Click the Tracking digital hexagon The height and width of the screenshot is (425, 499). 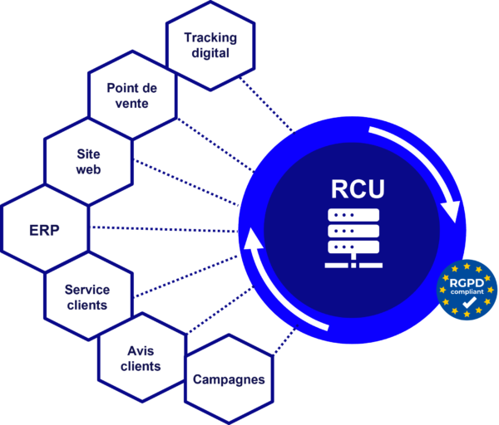[x=210, y=46]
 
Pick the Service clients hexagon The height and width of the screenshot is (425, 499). [x=86, y=296]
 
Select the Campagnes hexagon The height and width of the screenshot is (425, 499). [x=229, y=380]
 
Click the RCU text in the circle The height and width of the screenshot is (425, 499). [x=357, y=188]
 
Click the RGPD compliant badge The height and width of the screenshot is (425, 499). [x=467, y=291]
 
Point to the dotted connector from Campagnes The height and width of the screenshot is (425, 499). [x=287, y=344]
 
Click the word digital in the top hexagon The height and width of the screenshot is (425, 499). [x=210, y=54]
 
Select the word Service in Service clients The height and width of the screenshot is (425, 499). [x=86, y=289]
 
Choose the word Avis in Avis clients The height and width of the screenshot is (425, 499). [x=141, y=349]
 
